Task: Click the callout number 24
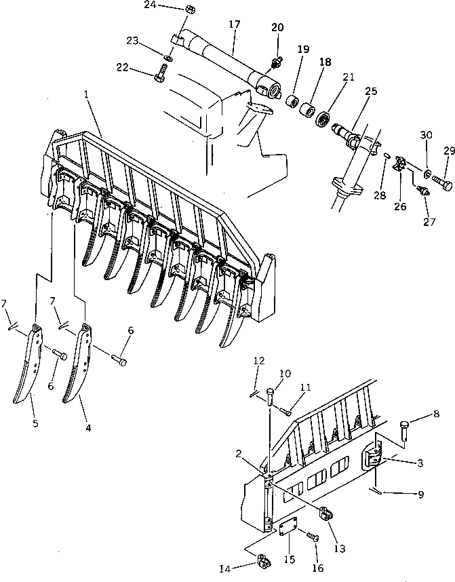[x=150, y=5]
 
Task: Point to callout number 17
[x=235, y=24]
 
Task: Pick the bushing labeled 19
[x=293, y=102]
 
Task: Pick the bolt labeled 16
[x=313, y=537]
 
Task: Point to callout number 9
[x=421, y=494]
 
